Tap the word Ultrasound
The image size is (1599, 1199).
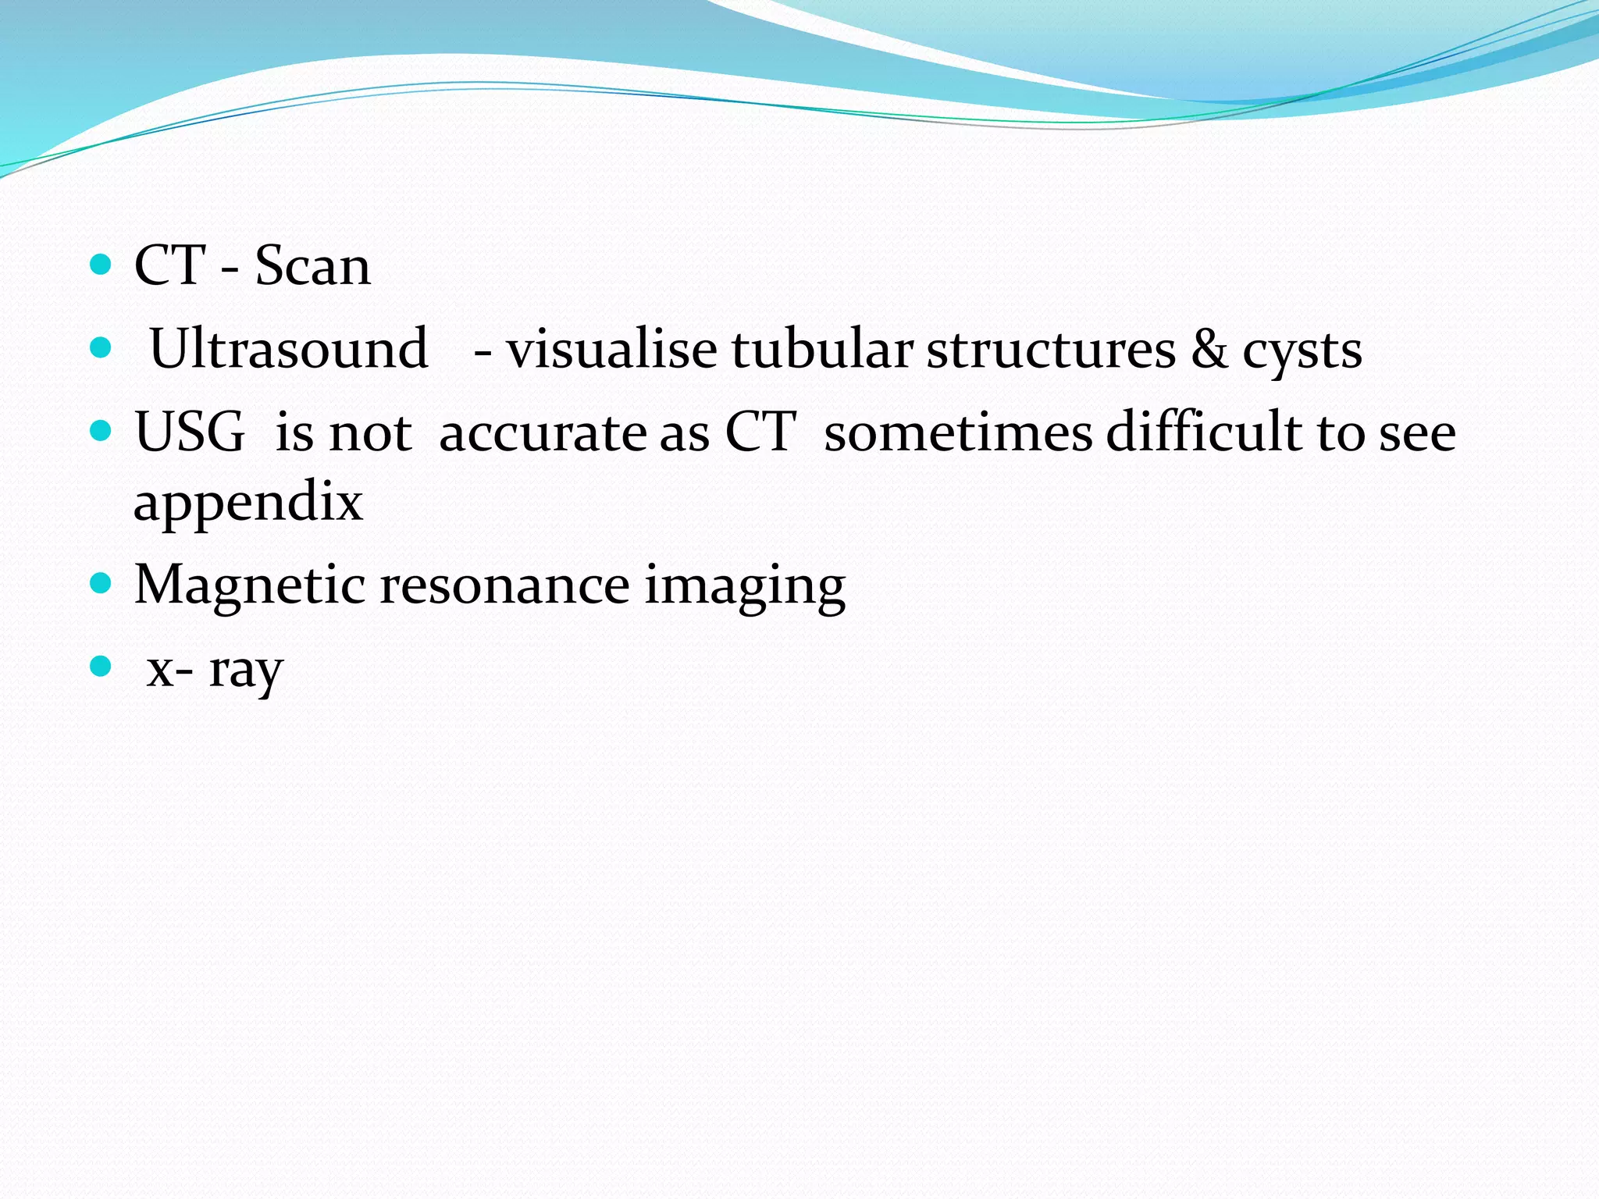coord(288,349)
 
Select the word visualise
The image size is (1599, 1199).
coord(611,349)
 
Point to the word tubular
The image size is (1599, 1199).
coord(821,349)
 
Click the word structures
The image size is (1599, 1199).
coord(1051,349)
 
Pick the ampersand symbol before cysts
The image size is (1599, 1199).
coord(1209,349)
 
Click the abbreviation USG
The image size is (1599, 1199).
coord(190,432)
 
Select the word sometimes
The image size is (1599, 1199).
coord(957,432)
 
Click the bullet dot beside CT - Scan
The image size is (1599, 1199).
coord(101,265)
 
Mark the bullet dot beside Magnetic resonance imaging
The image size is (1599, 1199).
coord(101,582)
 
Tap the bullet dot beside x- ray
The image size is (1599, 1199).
coord(101,666)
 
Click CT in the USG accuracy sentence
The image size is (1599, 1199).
coord(760,431)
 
